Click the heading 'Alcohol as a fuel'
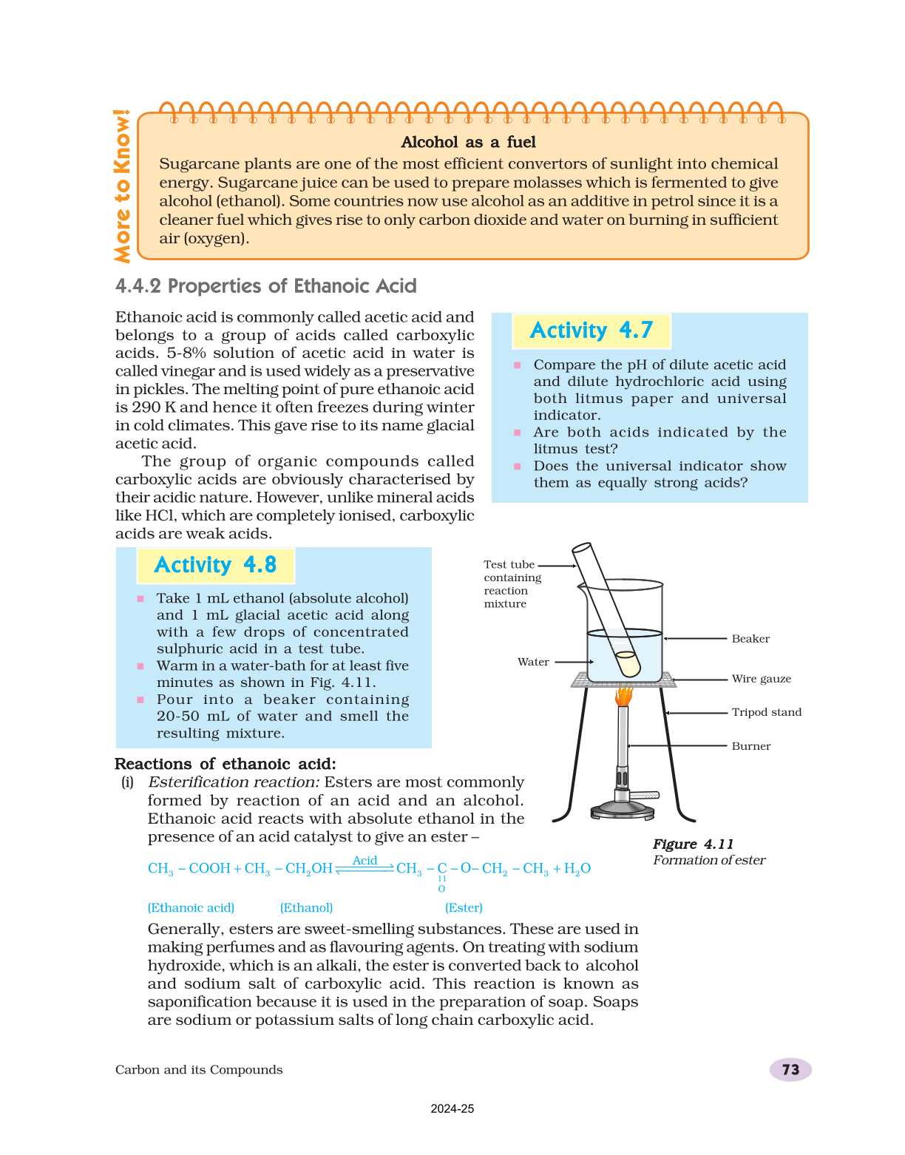468,142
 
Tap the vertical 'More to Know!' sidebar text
122,186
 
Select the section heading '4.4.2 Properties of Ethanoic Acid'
265,286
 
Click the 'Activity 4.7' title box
591,331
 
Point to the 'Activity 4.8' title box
215,566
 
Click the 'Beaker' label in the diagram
750,639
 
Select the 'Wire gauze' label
761,679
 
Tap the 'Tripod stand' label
766,712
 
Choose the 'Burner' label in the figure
750,746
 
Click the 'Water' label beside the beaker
533,662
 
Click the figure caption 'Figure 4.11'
693,844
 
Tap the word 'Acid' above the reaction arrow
365,861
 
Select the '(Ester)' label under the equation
464,907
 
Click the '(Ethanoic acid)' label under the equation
191,907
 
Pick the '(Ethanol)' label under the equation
306,907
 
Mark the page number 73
790,1070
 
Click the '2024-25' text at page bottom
452,1109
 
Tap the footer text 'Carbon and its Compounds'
199,1070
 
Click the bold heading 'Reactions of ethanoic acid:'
225,764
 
